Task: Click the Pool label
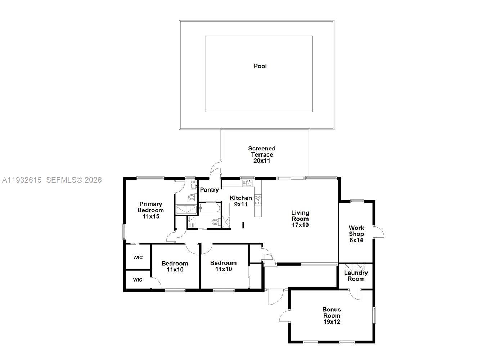(260, 66)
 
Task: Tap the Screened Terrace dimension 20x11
(262, 161)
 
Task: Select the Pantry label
(209, 190)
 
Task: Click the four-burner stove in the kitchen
(258, 200)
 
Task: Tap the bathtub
(209, 208)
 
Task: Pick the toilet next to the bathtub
(216, 222)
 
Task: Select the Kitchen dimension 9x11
(241, 204)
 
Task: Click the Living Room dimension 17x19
(300, 225)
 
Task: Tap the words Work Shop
(356, 231)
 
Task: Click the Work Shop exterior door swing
(379, 232)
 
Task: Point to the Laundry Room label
(356, 276)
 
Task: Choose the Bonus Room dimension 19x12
(332, 322)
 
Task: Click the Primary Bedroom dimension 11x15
(150, 216)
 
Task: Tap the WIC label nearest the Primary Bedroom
(138, 257)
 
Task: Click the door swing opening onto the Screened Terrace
(216, 167)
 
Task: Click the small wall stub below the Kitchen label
(243, 225)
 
